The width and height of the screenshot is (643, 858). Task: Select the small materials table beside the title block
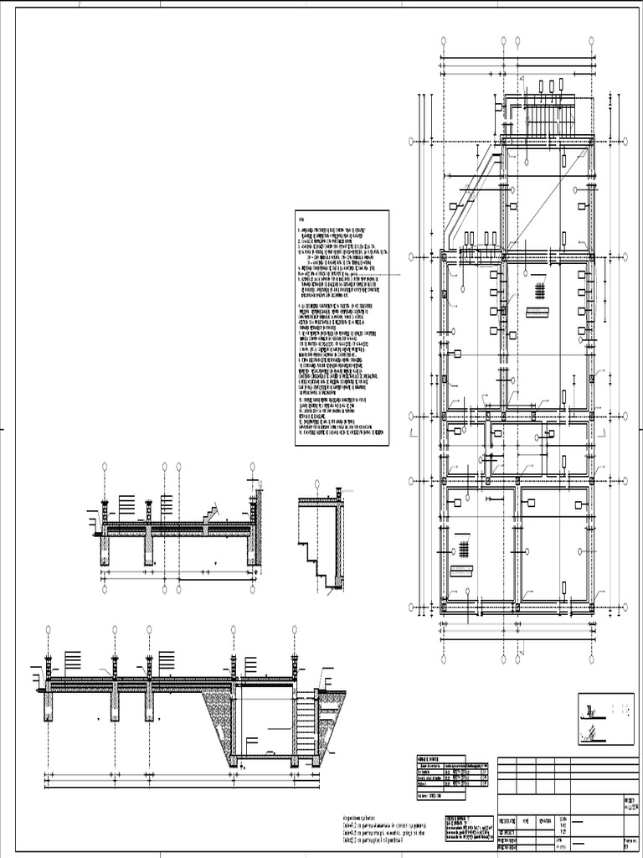click(453, 772)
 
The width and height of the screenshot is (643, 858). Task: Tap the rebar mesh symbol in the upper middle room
click(540, 290)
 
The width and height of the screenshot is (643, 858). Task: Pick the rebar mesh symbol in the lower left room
click(462, 549)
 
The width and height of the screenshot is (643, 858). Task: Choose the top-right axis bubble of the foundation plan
click(592, 39)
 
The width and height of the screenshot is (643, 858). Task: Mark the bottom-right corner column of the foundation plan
click(592, 605)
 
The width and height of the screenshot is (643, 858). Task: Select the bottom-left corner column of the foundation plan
click(445, 605)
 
